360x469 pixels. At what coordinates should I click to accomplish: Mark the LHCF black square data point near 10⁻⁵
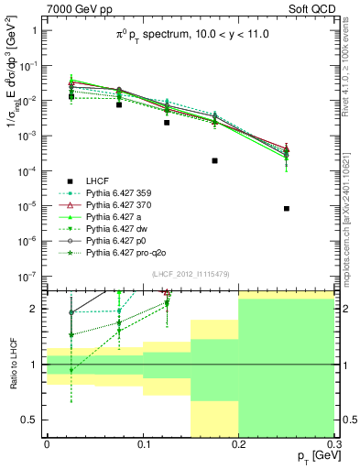(287, 208)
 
